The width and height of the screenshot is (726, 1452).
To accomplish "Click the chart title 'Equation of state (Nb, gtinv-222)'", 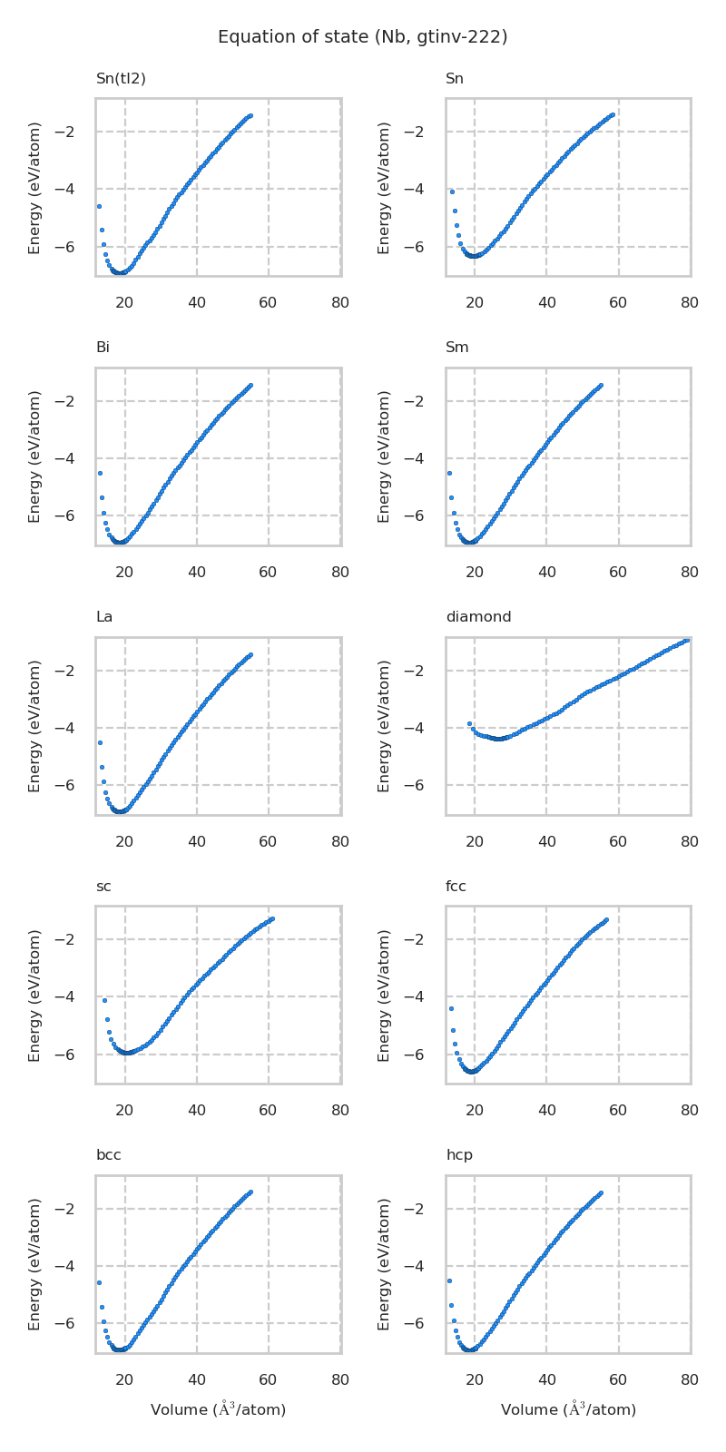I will pyautogui.click(x=362, y=37).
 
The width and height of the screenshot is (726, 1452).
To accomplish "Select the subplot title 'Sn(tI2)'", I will pyautogui.click(x=121, y=79).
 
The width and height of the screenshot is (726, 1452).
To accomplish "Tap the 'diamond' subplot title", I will pyautogui.click(x=478, y=617).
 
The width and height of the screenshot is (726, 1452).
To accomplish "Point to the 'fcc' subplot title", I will pyautogui.click(x=456, y=887).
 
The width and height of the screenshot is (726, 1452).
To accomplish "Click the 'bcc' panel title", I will pyautogui.click(x=108, y=1155).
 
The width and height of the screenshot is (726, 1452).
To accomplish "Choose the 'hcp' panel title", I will pyautogui.click(x=458, y=1155).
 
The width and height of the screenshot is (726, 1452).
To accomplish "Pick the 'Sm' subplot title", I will pyautogui.click(x=456, y=348).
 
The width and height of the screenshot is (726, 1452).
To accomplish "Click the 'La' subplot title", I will pyautogui.click(x=104, y=617).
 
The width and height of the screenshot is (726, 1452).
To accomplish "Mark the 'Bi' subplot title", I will pyautogui.click(x=103, y=348).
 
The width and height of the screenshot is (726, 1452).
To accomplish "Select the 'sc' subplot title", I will pyautogui.click(x=103, y=887).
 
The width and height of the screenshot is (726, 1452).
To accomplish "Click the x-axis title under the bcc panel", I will pyautogui.click(x=218, y=1409).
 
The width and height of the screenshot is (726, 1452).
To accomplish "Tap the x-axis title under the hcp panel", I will pyautogui.click(x=568, y=1409).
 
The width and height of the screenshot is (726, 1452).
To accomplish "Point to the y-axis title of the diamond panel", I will pyautogui.click(x=384, y=726).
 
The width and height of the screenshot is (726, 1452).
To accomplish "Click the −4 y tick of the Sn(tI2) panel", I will pyautogui.click(x=75, y=189).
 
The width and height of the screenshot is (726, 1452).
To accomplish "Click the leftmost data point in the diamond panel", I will pyautogui.click(x=469, y=723).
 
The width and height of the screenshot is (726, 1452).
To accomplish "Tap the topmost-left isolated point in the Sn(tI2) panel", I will pyautogui.click(x=99, y=206).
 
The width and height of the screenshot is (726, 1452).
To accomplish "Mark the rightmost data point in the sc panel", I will pyautogui.click(x=271, y=919).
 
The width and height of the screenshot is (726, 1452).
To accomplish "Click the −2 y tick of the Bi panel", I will pyautogui.click(x=75, y=401).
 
